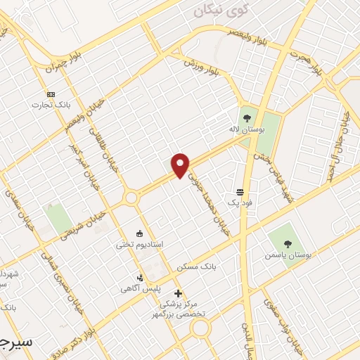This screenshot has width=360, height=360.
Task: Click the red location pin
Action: coord(181,165)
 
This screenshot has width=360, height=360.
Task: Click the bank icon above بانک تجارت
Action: coord(51,94)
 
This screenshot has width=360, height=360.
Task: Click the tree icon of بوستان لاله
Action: coord(247,118)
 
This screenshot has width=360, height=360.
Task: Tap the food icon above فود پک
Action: coord(240,192)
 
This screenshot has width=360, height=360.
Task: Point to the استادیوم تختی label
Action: coord(139,244)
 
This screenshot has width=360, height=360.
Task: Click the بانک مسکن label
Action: coord(197,266)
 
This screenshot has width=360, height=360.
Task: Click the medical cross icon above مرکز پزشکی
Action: coord(178,293)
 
